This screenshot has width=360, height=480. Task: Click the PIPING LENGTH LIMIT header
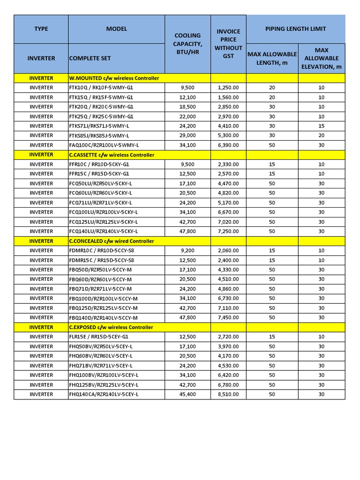295,29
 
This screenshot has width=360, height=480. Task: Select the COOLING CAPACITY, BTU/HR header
187,44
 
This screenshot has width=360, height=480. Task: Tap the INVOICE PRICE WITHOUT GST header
228,44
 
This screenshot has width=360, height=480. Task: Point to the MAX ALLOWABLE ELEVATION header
321,58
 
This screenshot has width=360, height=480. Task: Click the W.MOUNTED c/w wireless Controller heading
114,78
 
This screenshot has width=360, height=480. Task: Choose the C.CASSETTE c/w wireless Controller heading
112,155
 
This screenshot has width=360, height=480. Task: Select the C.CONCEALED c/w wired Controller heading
112,241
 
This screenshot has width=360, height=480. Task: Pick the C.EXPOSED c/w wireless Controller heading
111,327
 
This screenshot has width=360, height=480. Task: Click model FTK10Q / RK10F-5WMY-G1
101,88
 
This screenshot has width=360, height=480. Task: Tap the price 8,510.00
228,394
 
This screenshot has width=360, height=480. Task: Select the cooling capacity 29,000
187,135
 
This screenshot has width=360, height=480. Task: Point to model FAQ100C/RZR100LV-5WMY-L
104,145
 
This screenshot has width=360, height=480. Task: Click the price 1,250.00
228,88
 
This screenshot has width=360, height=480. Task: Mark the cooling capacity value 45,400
187,394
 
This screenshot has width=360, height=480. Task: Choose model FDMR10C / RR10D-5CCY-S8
101,251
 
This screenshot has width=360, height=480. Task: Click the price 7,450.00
228,317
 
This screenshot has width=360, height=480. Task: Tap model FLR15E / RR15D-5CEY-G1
98,337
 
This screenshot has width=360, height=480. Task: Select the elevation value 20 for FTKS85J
321,135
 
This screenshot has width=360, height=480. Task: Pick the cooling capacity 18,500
187,107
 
